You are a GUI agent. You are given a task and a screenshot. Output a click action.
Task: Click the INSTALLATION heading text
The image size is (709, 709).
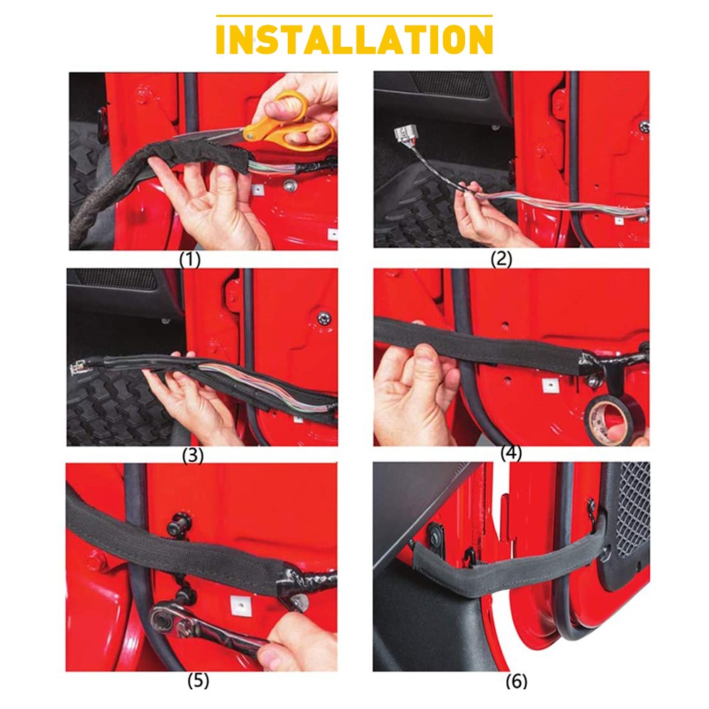[x=354, y=40]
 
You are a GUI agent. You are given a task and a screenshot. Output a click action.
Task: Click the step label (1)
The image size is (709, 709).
[x=189, y=259]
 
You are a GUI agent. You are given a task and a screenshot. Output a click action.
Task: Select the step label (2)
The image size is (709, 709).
[x=501, y=259]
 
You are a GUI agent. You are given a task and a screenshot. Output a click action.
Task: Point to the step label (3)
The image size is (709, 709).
[x=192, y=455]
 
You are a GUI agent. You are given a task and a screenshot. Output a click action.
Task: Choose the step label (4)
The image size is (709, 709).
[x=510, y=454]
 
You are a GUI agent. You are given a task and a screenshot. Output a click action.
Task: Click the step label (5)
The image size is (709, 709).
[x=198, y=681]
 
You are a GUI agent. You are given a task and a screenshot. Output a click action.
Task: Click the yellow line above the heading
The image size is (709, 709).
[x=354, y=16]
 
